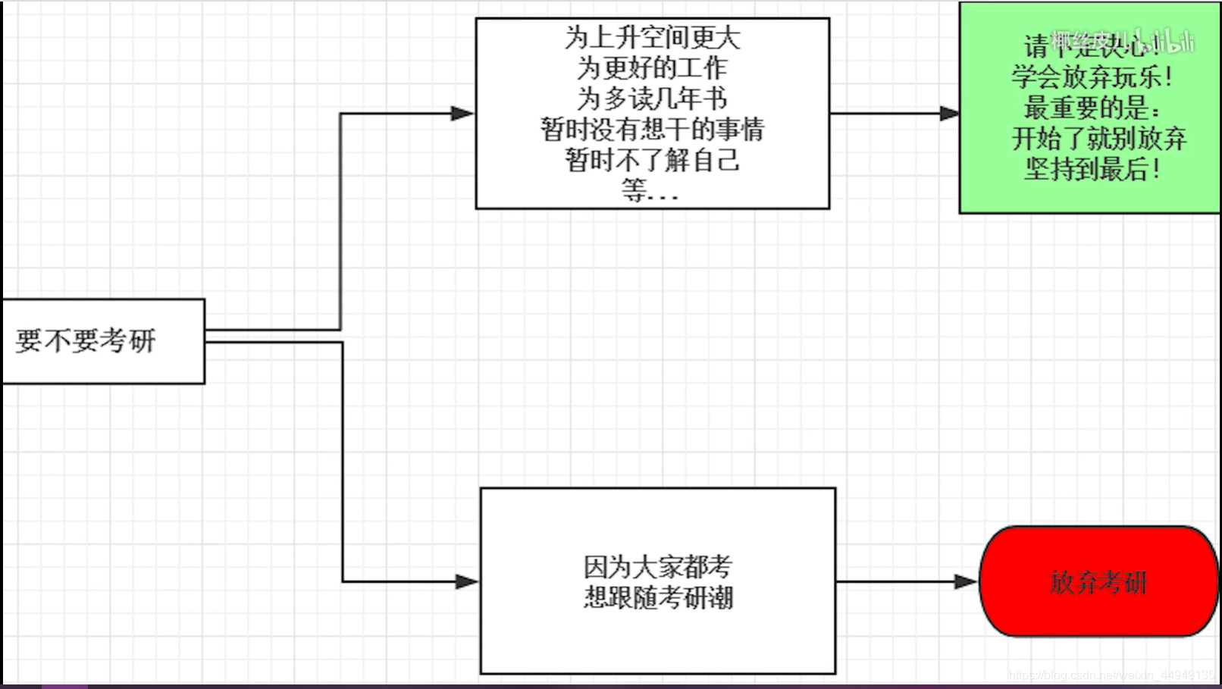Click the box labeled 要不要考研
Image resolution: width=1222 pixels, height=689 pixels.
tap(103, 341)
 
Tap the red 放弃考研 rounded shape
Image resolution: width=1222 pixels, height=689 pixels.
tap(1098, 581)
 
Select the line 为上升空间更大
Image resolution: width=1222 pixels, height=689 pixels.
tap(652, 37)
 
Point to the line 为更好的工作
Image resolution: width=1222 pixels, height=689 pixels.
tap(652, 68)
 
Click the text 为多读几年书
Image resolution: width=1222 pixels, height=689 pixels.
tap(652, 99)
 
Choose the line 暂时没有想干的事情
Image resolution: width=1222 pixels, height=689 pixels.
tap(652, 130)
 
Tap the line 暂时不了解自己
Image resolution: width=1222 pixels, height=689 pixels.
tap(652, 160)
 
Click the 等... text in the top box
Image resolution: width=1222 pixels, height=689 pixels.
tap(650, 190)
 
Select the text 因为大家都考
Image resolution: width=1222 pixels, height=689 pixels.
tap(657, 566)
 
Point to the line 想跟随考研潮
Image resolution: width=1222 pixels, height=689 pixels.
tap(658, 597)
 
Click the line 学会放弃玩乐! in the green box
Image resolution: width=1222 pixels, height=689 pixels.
tap(1092, 77)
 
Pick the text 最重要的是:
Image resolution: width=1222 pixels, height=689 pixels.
tap(1092, 108)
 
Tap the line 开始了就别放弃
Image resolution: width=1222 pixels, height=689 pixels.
tap(1098, 139)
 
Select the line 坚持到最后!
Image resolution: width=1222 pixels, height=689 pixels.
tap(1092, 169)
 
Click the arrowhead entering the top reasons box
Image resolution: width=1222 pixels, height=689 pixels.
tap(462, 114)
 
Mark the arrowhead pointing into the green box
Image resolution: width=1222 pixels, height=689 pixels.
tap(949, 114)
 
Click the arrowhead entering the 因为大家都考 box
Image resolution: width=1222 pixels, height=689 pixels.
tap(467, 582)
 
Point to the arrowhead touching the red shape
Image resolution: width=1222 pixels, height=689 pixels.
tap(965, 582)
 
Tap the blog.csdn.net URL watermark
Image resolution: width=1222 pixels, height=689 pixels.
tap(1111, 675)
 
